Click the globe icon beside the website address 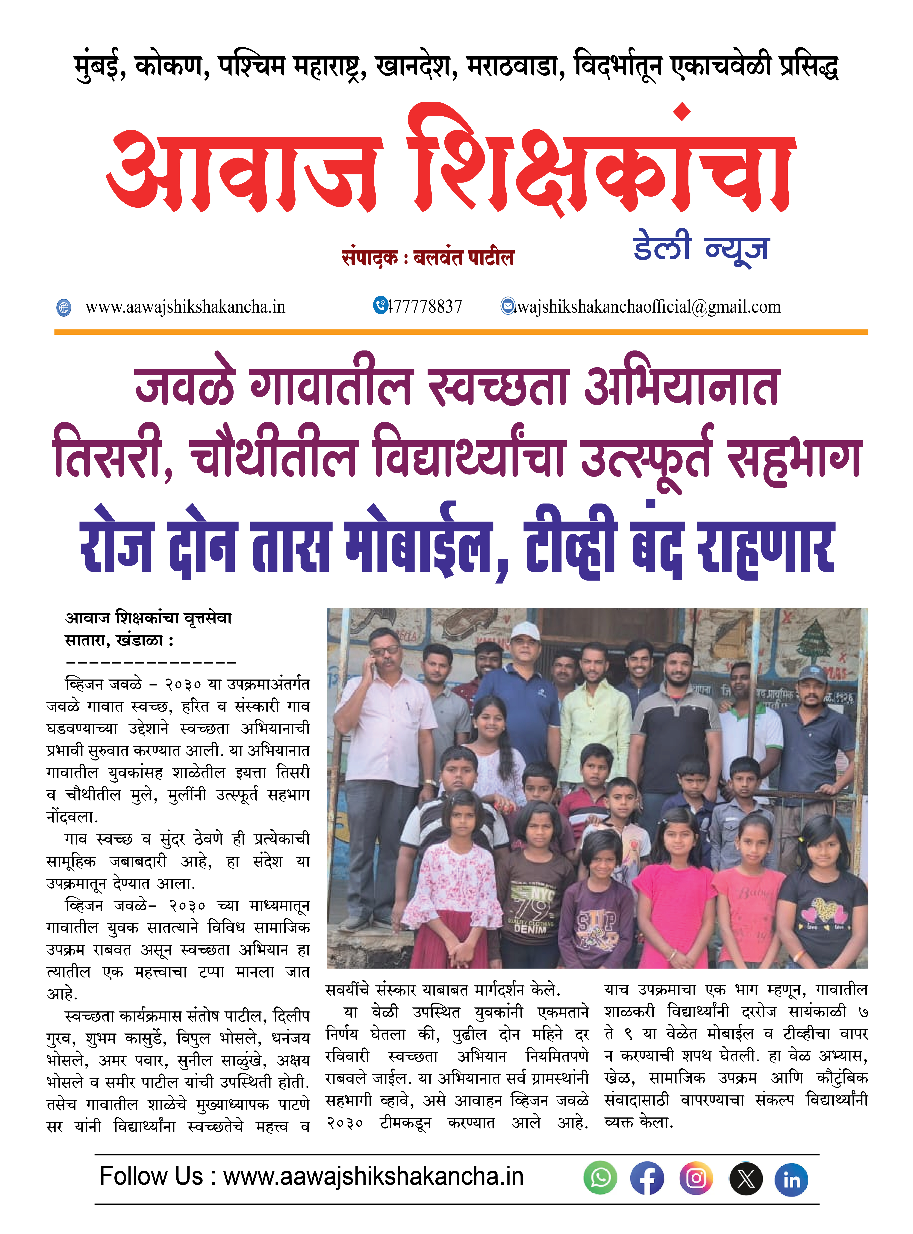pyautogui.click(x=64, y=307)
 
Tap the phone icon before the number pyautogui.click(x=380, y=305)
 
